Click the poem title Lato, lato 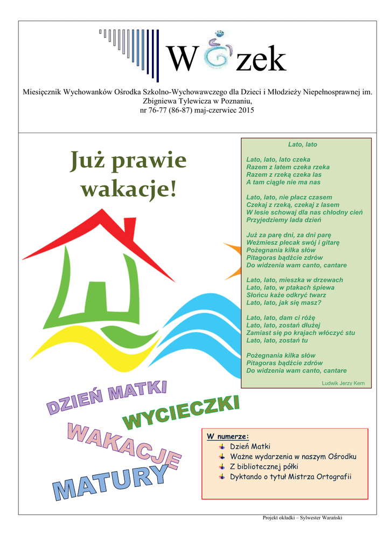[303, 144]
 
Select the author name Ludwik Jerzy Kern [343, 383]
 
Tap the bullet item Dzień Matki [250, 446]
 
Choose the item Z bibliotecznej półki [264, 466]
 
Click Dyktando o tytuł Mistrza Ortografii [290, 477]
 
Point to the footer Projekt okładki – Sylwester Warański [302, 517]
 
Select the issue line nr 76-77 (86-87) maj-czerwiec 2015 [197, 111]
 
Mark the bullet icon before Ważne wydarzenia [222, 457]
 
